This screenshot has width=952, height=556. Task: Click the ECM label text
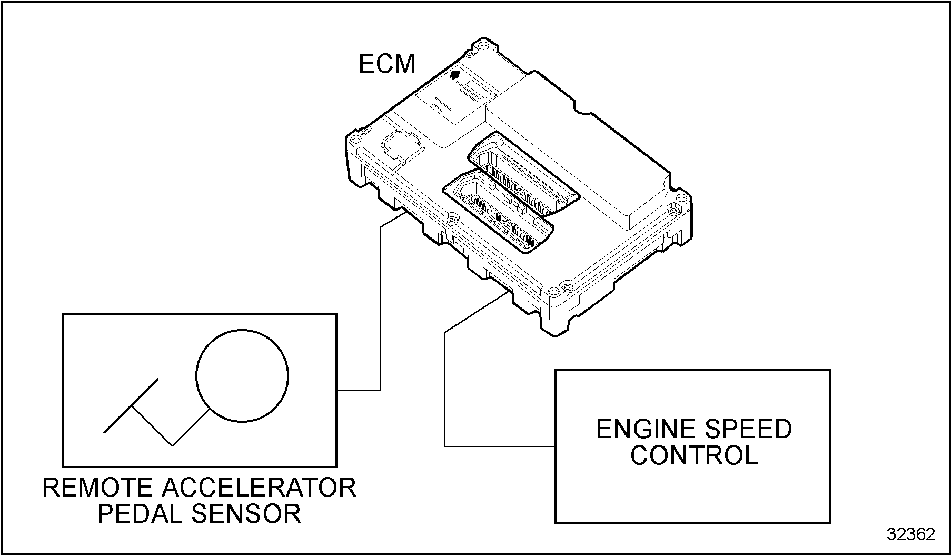pos(387,64)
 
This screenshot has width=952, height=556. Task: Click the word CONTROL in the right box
pos(694,455)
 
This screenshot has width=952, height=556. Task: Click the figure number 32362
pos(911,534)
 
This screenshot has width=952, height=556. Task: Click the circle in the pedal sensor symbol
pos(242,376)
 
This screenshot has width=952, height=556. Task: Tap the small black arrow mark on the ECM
pos(456,75)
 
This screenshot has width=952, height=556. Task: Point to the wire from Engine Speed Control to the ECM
pos(445,390)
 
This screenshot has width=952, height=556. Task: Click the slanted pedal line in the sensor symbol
pos(131,406)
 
